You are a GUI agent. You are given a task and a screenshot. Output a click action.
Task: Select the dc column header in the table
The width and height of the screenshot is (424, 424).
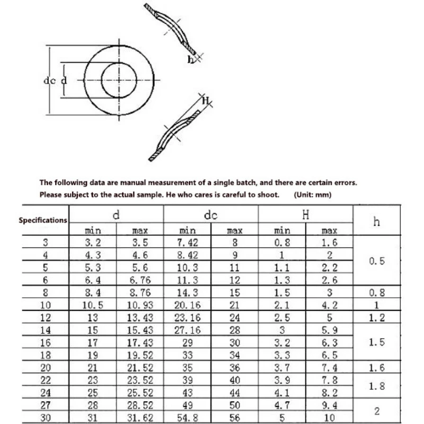click(210, 216)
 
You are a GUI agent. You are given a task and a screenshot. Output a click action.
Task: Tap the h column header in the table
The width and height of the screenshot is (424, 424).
click(376, 222)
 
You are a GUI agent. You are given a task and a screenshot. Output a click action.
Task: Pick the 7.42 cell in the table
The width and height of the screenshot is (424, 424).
click(187, 243)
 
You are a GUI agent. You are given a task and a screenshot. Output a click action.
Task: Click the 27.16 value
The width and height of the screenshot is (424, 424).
click(187, 330)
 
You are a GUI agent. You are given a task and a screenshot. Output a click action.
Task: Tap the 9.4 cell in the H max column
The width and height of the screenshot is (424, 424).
click(329, 404)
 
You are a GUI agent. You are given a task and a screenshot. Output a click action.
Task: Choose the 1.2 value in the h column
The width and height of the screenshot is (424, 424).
click(376, 318)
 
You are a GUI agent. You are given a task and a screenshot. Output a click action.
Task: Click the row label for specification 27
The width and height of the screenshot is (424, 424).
click(45, 404)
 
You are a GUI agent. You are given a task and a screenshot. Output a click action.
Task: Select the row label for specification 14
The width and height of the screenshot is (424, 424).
click(45, 330)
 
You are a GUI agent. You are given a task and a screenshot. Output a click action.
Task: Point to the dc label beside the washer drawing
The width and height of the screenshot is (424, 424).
click(49, 81)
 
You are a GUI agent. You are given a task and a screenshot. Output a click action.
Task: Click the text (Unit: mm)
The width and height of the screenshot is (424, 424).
click(312, 195)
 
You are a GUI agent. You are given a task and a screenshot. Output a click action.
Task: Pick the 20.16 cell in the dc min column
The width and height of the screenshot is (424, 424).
click(187, 305)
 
